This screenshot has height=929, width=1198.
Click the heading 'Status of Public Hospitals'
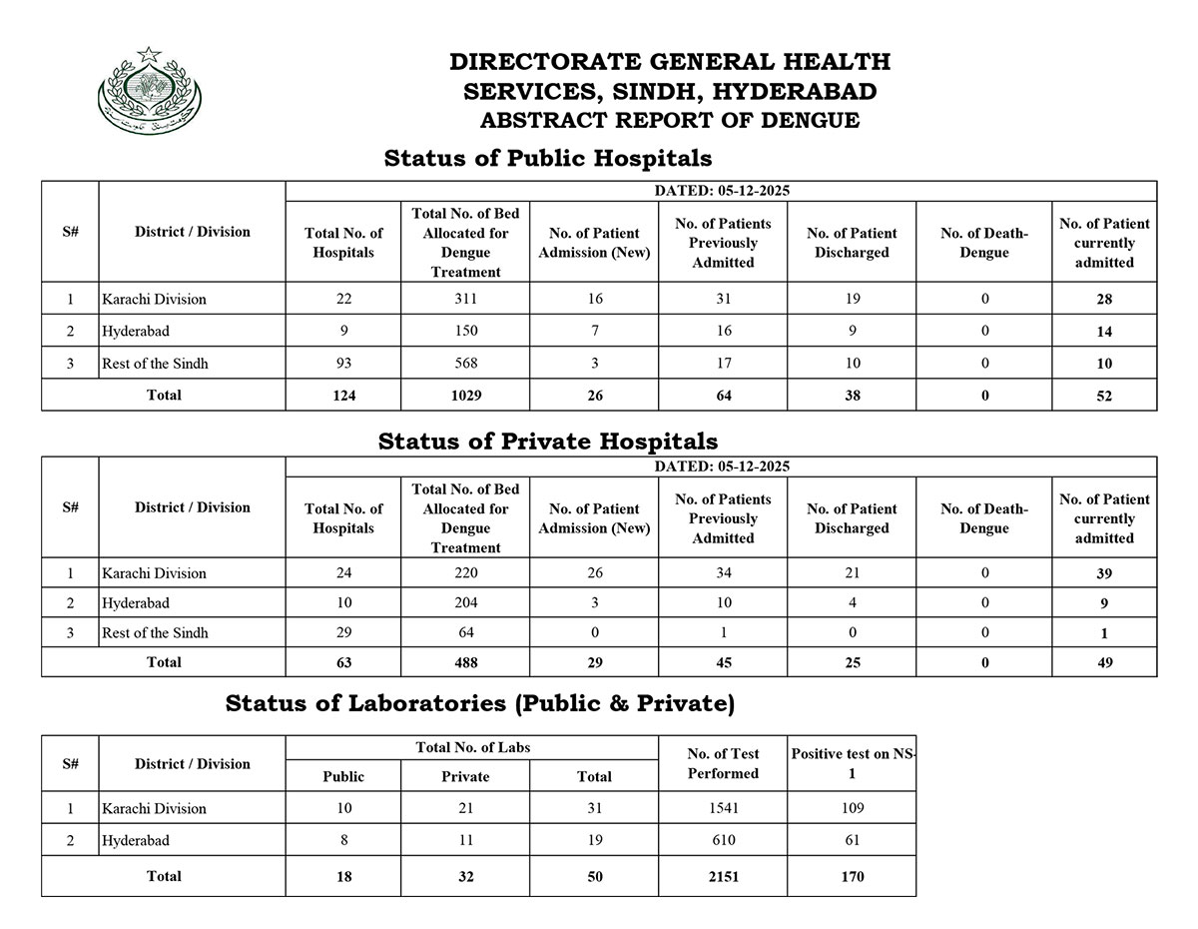(x=547, y=158)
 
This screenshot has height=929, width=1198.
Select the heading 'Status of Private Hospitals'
(x=547, y=441)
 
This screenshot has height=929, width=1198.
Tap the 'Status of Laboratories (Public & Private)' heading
(x=480, y=703)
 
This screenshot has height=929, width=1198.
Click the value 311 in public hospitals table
(x=465, y=299)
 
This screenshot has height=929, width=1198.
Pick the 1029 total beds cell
(x=465, y=396)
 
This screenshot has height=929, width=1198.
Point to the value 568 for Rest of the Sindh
(x=465, y=364)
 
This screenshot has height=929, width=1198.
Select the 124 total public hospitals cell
(x=342, y=396)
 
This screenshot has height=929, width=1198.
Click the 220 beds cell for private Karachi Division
(x=465, y=573)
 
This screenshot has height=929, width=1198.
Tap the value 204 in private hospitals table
(x=465, y=603)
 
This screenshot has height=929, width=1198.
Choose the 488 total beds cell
(x=465, y=662)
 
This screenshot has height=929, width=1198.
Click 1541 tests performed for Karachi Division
(x=723, y=808)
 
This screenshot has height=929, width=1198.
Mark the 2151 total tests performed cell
(x=723, y=877)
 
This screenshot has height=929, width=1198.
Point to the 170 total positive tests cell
(x=852, y=877)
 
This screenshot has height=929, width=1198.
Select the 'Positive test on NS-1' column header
(x=852, y=763)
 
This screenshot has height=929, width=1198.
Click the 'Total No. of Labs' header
(x=471, y=747)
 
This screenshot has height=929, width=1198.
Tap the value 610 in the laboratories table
(x=723, y=841)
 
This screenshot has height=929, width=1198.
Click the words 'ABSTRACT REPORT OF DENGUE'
(x=669, y=121)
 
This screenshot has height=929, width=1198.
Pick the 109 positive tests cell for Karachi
(x=852, y=808)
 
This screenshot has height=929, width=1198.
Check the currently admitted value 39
(x=1104, y=573)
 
